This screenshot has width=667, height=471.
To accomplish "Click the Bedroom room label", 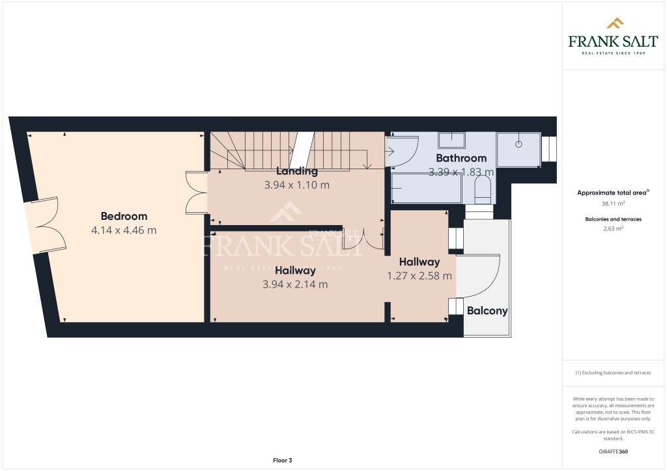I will point(124,216).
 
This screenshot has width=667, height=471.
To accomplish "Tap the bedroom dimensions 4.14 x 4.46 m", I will point(124,230).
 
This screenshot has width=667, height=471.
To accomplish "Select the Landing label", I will point(296,171).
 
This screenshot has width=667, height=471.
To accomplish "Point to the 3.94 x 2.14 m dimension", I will point(295,284).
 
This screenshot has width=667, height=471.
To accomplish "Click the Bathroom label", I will point(461,158).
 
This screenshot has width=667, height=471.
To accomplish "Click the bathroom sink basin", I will point(451,139).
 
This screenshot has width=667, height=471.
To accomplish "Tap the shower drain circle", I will point(519,143).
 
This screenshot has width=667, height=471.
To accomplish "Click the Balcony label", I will point(487,311).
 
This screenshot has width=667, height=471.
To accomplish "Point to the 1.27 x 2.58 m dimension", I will point(419,276).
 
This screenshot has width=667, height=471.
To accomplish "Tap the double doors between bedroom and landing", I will point(195,192).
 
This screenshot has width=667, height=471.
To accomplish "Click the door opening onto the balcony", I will point(479,276).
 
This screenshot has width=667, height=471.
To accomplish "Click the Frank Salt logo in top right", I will point(614,36).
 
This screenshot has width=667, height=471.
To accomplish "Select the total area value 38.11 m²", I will point(614,203).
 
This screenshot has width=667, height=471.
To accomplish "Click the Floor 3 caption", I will point(282,461).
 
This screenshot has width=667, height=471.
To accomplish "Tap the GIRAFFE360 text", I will point(614,451).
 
